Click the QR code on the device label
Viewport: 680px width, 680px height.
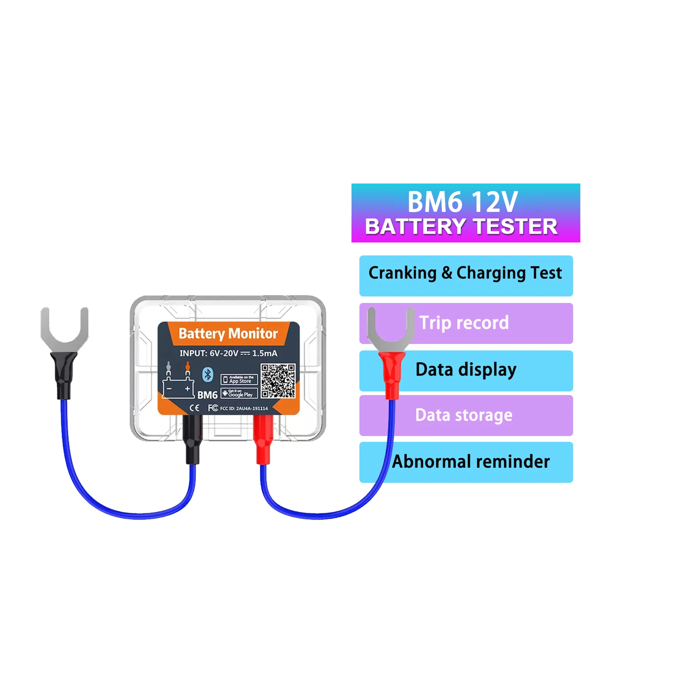click(278, 381)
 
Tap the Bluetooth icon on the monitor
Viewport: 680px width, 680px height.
click(208, 375)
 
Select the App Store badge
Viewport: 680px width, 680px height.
click(239, 380)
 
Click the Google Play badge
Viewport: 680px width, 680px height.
click(239, 393)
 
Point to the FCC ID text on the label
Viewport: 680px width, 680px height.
click(244, 408)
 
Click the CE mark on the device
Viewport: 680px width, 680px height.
click(194, 408)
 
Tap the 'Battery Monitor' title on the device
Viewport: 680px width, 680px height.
click(228, 334)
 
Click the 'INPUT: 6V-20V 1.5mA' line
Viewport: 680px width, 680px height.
click(228, 353)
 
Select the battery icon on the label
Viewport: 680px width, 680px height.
click(178, 385)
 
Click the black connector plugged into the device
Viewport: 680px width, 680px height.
click(193, 439)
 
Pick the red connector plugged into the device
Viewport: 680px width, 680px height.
click(263, 439)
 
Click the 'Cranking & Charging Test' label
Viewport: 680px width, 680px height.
click(465, 273)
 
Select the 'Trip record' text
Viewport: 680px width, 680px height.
click(464, 323)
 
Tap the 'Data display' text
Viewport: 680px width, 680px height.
click(466, 370)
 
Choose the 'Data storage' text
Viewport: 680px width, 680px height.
click(464, 415)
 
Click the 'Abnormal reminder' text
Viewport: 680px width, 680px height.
click(471, 462)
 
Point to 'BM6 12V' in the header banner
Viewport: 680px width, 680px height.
click(462, 202)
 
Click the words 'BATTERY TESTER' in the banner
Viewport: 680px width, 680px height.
click(461, 227)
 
